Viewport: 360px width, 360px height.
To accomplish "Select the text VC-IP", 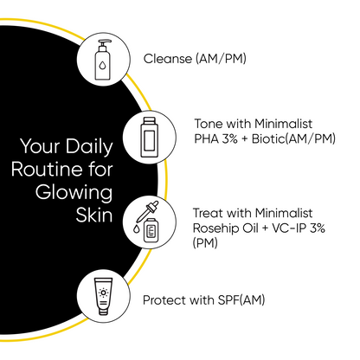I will [x=292, y=228].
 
